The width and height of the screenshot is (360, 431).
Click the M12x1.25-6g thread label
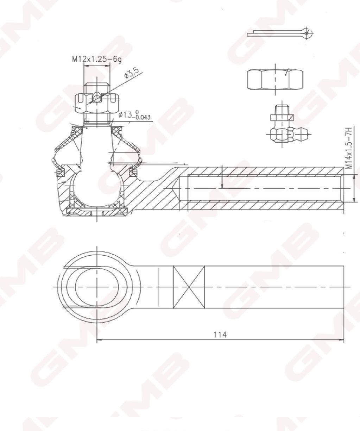coord(97,59)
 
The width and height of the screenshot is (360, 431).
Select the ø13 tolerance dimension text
coord(134,115)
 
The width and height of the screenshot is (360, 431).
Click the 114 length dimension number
coord(220,335)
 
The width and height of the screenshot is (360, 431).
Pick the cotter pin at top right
coord(280,33)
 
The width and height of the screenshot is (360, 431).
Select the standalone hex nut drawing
coord(275,80)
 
